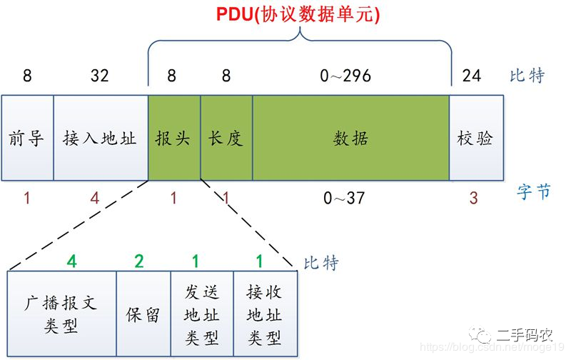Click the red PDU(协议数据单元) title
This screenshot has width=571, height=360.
pos(298,14)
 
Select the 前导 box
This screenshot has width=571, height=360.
pos(28,138)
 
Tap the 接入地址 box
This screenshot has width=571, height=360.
pos(101,138)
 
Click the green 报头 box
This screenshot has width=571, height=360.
pos(174,138)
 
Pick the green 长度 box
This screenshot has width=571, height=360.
pos(226,138)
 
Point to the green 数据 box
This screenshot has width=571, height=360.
pos(351,138)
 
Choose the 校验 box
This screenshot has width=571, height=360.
pos(477,138)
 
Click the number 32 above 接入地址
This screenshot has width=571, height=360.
pos(100,76)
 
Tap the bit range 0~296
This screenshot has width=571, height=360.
pos(345,76)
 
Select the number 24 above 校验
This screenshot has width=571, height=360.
pos(472,76)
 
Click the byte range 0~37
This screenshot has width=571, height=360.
pos(344,198)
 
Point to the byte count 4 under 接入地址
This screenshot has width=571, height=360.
pos(95,198)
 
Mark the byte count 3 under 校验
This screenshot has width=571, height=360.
pos(473,198)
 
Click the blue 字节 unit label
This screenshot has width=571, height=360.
pos(533,192)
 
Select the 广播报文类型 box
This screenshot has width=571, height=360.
pos(62,314)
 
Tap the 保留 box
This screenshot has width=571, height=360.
pos(143,314)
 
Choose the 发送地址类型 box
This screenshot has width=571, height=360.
pos(202,314)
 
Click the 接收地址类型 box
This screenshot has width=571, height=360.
pos(266,314)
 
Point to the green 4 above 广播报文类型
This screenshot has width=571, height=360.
pos(72,261)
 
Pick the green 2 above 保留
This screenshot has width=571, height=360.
pos(139,261)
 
